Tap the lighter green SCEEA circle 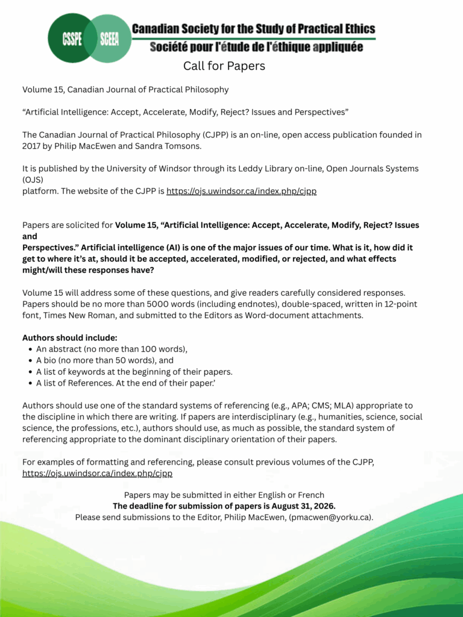(x=109, y=39)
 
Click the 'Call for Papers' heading (x=224, y=66)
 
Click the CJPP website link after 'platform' (x=241, y=191)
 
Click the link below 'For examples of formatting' (x=97, y=473)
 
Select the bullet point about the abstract (x=112, y=349)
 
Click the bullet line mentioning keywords (x=134, y=372)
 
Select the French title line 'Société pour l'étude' (x=256, y=46)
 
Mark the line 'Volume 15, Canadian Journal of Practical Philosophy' (x=125, y=90)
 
